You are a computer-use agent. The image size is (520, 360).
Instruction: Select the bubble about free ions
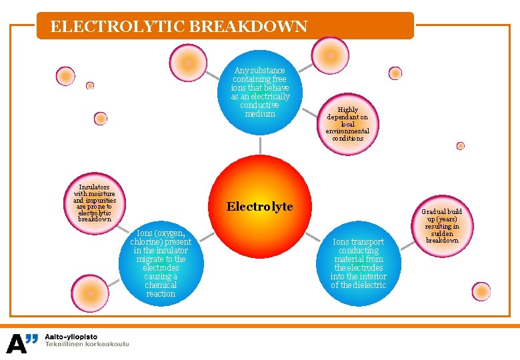(260, 92)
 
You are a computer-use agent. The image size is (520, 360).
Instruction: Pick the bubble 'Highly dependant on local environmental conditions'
(347, 124)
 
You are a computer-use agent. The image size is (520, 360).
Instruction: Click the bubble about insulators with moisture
(94, 203)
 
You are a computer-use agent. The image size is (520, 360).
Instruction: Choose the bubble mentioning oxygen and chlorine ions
(161, 263)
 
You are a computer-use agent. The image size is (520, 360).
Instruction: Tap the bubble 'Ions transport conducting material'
(358, 263)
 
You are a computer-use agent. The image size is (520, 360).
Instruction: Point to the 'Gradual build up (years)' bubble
(442, 226)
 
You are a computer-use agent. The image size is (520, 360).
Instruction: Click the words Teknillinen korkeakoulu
(87, 344)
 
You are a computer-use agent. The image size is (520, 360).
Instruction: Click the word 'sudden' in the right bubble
(442, 233)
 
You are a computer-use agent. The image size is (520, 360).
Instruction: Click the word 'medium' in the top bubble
(260, 114)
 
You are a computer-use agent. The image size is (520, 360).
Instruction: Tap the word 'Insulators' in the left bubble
(94, 187)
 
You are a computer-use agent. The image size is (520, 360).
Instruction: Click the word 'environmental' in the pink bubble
(347, 131)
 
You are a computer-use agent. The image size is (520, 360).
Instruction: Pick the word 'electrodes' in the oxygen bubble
(161, 268)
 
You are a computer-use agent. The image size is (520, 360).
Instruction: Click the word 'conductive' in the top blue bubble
(260, 105)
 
